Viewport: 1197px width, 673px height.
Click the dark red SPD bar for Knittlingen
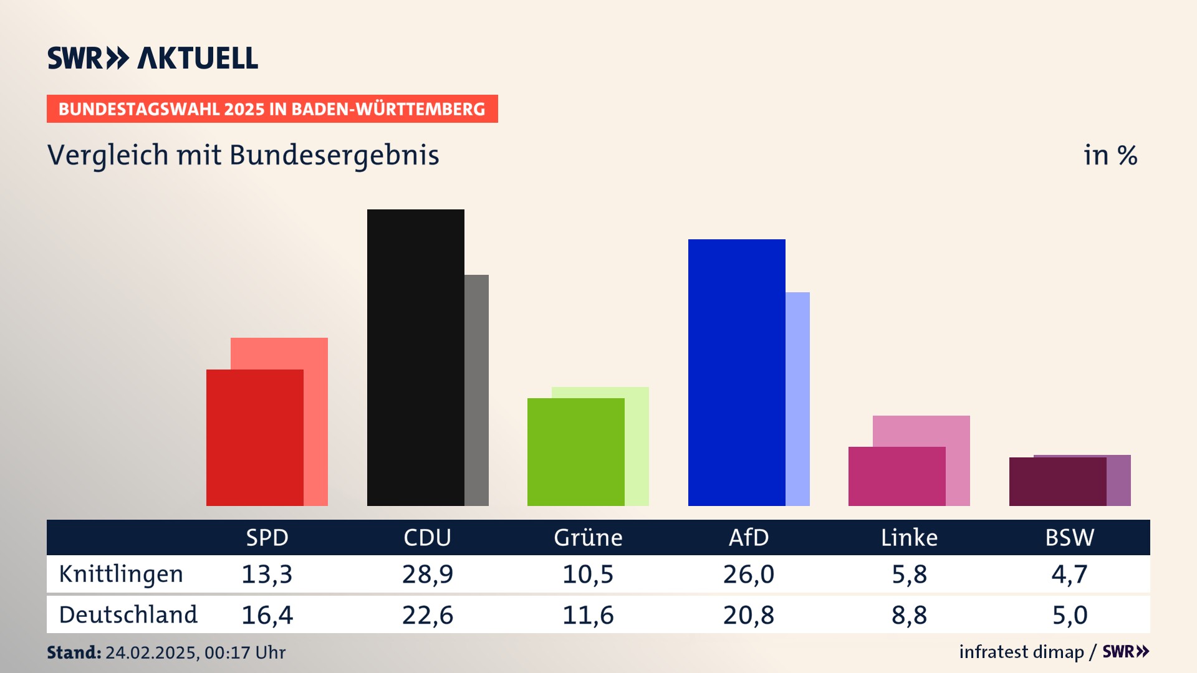tap(254, 437)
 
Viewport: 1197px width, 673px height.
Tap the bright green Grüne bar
tap(575, 452)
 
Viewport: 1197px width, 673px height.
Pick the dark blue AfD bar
tap(736, 372)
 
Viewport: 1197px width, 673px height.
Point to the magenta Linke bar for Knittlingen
tap(897, 476)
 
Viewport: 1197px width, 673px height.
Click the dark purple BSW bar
tap(1057, 481)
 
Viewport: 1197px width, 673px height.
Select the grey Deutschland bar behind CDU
tap(477, 390)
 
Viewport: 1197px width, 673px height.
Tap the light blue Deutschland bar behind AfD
tap(798, 399)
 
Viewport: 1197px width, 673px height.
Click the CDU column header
tap(427, 537)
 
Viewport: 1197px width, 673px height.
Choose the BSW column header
tap(1069, 537)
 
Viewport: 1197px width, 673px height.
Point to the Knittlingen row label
tap(121, 574)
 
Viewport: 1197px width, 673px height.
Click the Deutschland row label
tap(128, 615)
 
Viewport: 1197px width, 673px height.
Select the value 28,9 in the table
tap(427, 574)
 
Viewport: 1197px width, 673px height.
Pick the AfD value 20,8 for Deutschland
tap(748, 615)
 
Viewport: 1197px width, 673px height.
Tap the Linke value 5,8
tap(909, 574)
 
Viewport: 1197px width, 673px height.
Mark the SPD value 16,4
tap(267, 615)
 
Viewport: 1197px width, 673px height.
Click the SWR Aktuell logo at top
tap(153, 58)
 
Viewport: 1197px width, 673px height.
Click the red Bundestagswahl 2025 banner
tap(272, 109)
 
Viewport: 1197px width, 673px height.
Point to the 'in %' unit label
tap(1110, 155)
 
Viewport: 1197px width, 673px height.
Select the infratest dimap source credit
tap(1021, 652)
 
